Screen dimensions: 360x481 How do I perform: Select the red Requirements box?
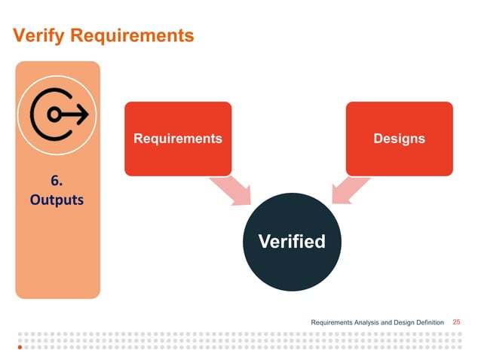pyautogui.click(x=178, y=139)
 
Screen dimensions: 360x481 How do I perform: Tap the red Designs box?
pyautogui.click(x=399, y=139)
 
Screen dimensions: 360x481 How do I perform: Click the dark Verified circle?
pyautogui.click(x=292, y=242)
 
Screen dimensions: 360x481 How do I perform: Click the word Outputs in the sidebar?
pyautogui.click(x=58, y=201)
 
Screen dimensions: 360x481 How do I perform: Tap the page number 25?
pyautogui.click(x=456, y=322)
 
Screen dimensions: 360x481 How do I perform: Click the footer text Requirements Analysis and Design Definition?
pyautogui.click(x=378, y=322)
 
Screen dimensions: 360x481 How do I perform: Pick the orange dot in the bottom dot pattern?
pyautogui.click(x=20, y=349)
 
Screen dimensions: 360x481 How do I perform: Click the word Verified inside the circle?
pyautogui.click(x=292, y=242)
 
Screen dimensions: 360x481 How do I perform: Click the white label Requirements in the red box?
pyautogui.click(x=178, y=139)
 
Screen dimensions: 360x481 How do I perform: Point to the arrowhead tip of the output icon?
pyautogui.click(x=87, y=114)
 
